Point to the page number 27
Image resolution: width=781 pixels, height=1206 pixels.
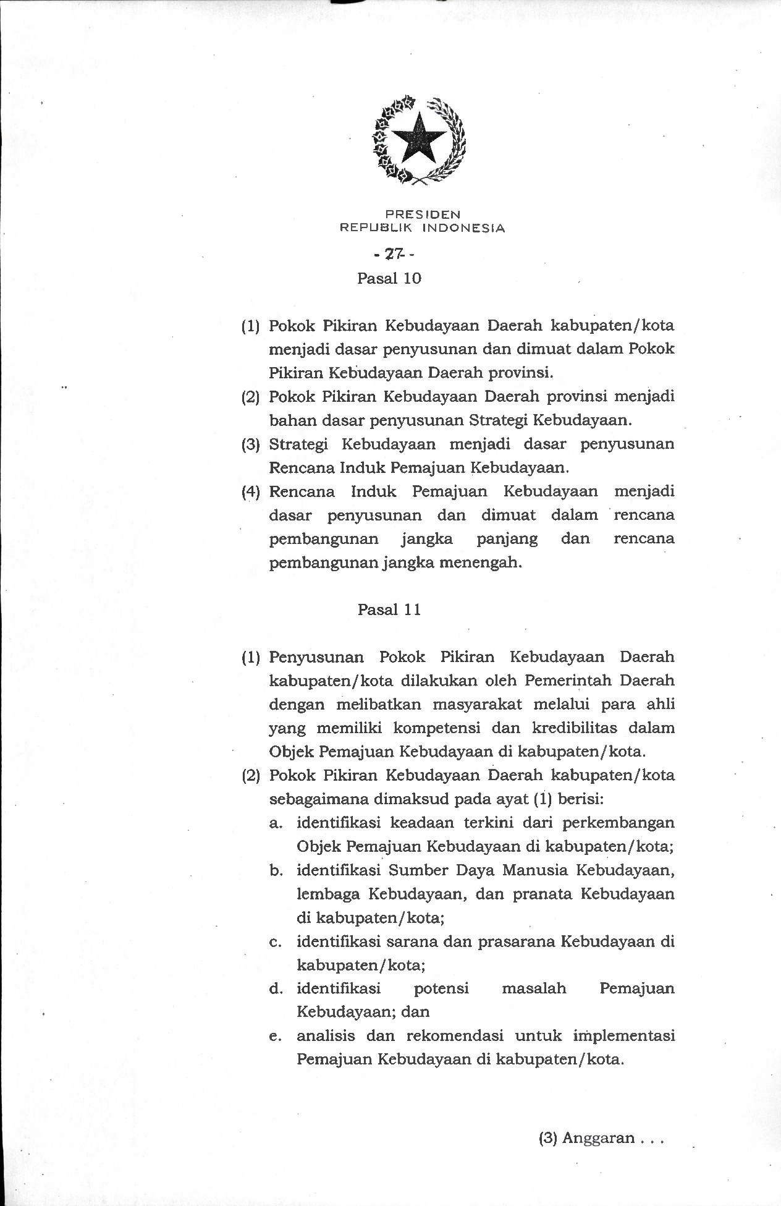point(393,253)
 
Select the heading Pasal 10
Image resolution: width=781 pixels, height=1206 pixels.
point(389,278)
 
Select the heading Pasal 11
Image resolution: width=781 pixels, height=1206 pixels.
point(389,609)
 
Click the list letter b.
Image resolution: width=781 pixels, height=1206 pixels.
point(275,870)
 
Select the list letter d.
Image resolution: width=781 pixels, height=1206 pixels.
point(275,988)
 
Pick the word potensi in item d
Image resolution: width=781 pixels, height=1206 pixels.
point(441,988)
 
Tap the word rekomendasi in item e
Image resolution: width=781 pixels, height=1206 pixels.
point(454,1035)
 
